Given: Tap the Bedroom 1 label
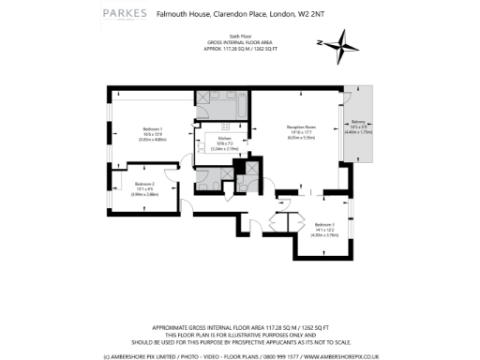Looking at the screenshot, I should [x=153, y=127].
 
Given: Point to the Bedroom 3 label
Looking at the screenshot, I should [x=324, y=224].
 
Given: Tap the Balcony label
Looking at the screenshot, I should [x=359, y=122].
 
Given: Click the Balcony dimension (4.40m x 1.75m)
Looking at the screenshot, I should [x=359, y=132].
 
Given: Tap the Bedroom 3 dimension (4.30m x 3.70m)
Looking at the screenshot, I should [x=324, y=234].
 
